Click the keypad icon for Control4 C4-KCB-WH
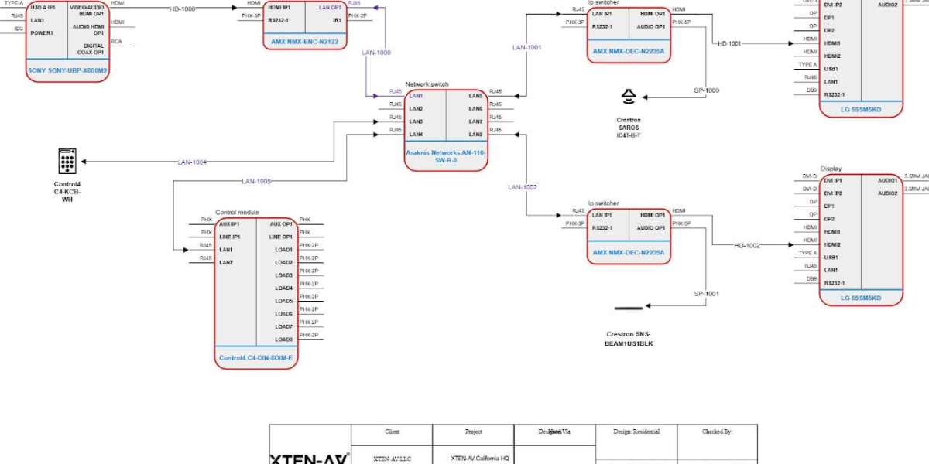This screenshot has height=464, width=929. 67,162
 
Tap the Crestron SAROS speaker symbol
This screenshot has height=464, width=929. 629,97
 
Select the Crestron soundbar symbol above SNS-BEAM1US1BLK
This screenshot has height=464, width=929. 628,309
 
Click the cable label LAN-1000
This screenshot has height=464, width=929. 376,53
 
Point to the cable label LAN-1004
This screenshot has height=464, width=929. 192,162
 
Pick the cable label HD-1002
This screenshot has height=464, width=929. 747,245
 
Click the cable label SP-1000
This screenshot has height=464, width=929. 706,90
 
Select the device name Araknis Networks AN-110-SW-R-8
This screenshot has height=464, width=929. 446,156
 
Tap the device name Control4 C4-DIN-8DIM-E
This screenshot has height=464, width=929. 255,358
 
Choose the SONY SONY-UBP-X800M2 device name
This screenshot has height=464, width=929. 67,70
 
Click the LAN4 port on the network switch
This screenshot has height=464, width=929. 416,135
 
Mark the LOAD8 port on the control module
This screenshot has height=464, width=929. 283,339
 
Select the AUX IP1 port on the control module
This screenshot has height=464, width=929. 230,223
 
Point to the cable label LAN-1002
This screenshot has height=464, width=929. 523,187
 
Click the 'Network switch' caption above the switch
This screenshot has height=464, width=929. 427,84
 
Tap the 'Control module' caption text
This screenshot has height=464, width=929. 237,212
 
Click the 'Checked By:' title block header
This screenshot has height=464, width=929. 717,432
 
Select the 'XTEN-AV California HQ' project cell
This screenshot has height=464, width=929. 479,459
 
